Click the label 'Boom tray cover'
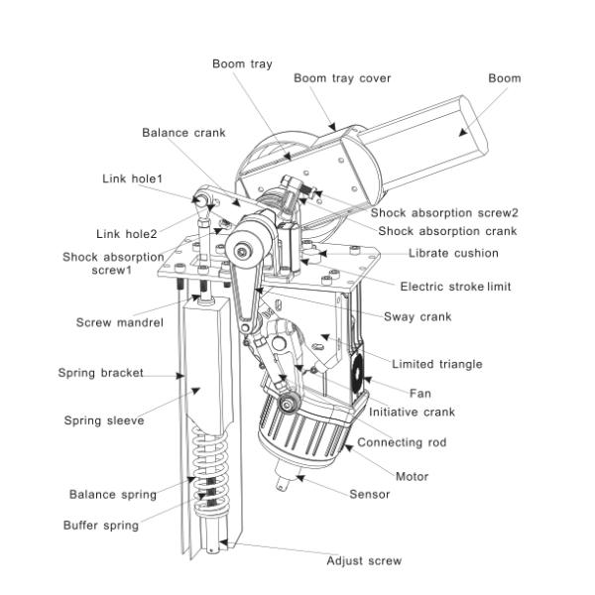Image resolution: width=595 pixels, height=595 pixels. click(342, 78)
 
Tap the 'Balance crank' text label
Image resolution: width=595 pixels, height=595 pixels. click(183, 133)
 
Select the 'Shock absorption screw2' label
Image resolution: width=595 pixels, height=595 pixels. click(444, 212)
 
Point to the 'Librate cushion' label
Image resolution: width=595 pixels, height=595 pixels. click(453, 253)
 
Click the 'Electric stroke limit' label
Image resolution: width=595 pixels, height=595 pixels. click(455, 287)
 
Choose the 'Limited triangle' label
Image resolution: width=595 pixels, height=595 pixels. click(436, 364)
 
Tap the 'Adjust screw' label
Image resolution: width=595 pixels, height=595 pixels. click(364, 560)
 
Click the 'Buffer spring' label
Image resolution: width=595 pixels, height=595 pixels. click(101, 526)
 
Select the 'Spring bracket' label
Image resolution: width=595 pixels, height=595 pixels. click(100, 373)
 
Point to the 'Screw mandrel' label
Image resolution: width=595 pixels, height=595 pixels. click(120, 322)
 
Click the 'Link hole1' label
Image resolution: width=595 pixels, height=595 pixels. click(133, 178)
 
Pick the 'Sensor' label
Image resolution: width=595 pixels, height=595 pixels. click(369, 494)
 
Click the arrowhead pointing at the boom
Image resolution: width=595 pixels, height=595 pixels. click(462, 133)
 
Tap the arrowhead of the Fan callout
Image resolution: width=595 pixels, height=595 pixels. click(367, 380)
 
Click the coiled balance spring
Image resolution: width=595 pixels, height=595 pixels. click(209, 470)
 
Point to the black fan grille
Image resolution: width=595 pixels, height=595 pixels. click(357, 374)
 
